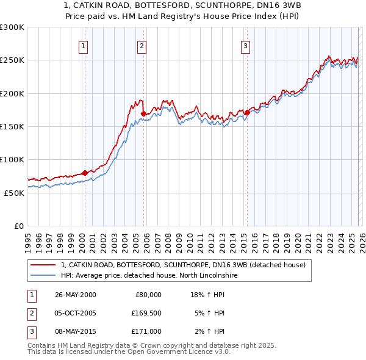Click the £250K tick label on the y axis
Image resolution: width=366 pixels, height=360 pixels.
tap(12, 60)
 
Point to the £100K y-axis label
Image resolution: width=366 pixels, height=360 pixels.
tap(12, 159)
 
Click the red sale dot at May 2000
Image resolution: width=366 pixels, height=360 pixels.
tap(85, 173)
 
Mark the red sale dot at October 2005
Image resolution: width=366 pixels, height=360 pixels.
tap(143, 113)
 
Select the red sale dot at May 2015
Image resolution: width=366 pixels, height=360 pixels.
tap(247, 112)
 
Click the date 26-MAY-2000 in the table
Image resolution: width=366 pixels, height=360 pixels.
tap(75, 295)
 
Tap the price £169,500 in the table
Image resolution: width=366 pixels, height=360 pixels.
tap(146, 313)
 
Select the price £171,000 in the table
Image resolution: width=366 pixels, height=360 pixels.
tap(146, 331)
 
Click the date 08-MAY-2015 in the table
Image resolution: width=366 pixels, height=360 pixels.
tap(75, 331)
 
